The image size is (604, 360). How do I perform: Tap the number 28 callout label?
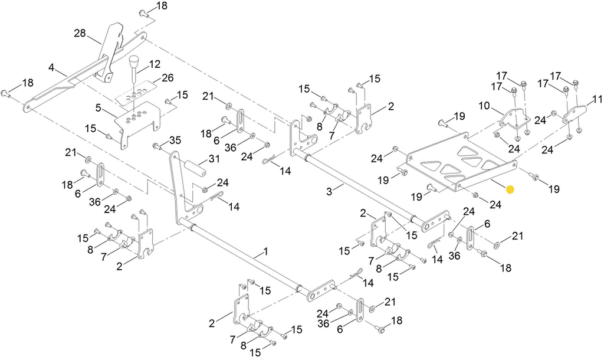pyautogui.click(x=80, y=34)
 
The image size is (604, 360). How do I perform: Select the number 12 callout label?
pyautogui.click(x=155, y=63)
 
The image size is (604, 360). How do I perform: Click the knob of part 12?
pyautogui.click(x=135, y=62)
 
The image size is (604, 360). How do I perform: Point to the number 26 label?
pyautogui.click(x=168, y=77)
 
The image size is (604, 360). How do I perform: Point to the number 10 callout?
pyautogui.click(x=484, y=106)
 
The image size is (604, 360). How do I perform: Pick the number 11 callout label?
pyautogui.click(x=598, y=99)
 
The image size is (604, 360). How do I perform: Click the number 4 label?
pyautogui.click(x=52, y=68)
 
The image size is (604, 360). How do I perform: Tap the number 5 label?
pyautogui.click(x=99, y=108)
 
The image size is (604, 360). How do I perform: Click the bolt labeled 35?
pyautogui.click(x=157, y=146)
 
